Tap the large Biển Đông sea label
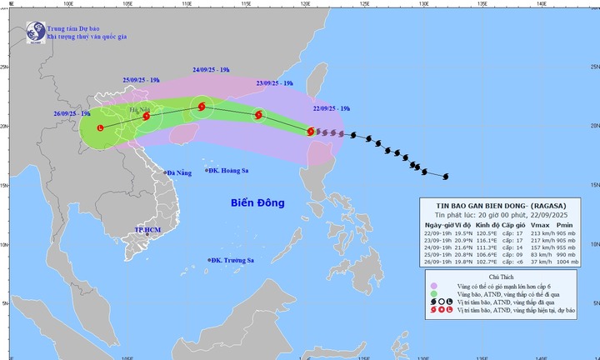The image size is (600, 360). pyautogui.click(x=257, y=202)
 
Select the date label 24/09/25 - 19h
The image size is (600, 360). pyautogui.click(x=212, y=71)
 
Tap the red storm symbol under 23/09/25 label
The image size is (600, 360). pyautogui.click(x=257, y=115)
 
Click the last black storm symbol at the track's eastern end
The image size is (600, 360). pyautogui.click(x=446, y=176)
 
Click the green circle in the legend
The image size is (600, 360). pyautogui.click(x=432, y=295)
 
